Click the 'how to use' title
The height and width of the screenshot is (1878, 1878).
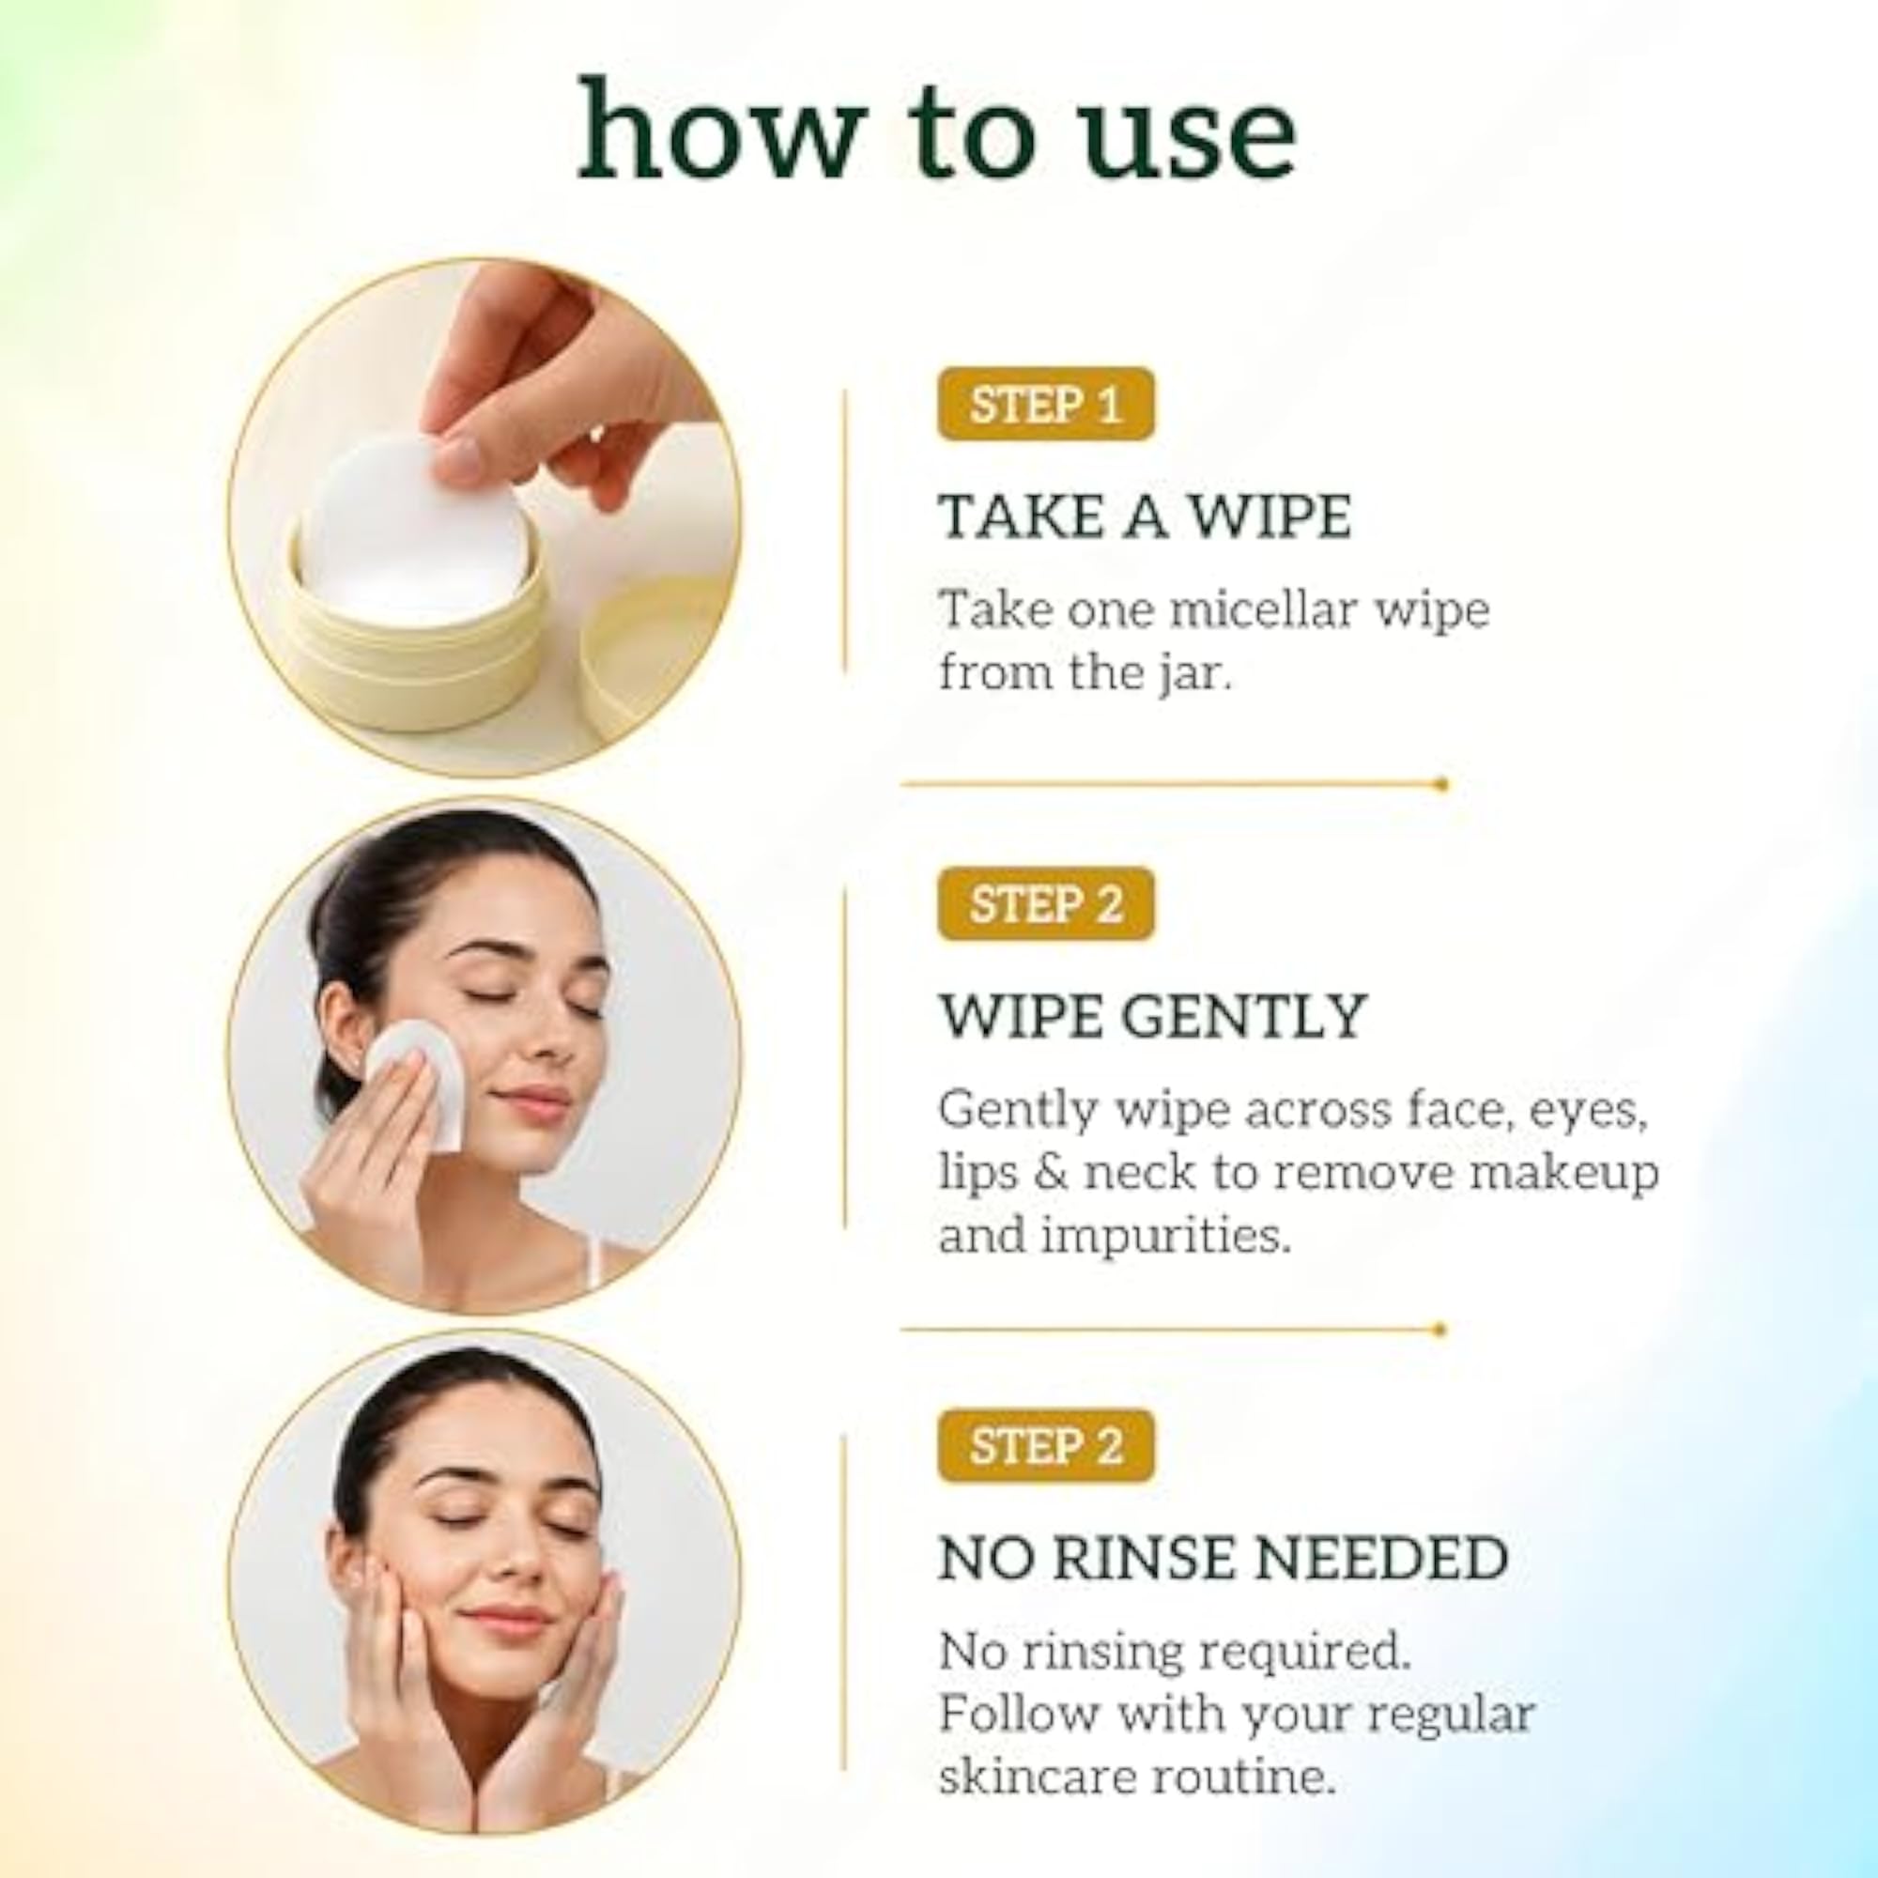(x=937, y=131)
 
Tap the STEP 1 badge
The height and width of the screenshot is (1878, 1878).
(x=1045, y=405)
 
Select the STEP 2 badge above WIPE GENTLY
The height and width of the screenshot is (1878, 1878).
(x=1045, y=904)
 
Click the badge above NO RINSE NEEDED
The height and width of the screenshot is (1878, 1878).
(x=1045, y=1444)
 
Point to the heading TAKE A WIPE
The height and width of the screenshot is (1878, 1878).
(x=1145, y=516)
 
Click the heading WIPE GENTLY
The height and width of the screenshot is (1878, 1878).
(x=1153, y=1016)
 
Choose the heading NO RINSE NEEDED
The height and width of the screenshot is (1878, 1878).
(x=1223, y=1557)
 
